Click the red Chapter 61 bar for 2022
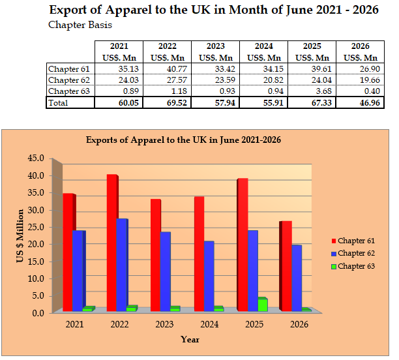112,243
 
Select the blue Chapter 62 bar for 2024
209,277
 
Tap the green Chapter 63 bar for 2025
263,305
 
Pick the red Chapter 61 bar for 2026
286,266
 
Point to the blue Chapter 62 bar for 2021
78,271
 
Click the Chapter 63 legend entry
353,266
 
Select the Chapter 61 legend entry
353,241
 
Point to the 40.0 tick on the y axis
36,175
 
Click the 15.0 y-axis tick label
36,262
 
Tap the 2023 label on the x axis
164,324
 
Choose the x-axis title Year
190,339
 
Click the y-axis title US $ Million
20,235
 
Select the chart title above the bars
183,140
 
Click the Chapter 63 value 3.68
323,91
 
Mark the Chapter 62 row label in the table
69,80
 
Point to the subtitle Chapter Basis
80,25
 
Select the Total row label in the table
58,103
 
